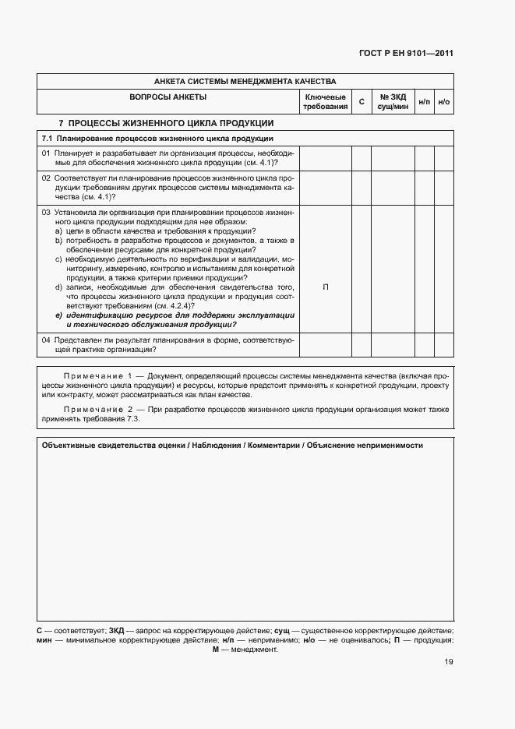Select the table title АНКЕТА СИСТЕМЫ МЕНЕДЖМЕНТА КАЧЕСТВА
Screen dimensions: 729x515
pyautogui.click(x=245, y=81)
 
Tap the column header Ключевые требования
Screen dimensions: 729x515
pyautogui.click(x=325, y=101)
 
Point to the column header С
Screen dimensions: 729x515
pyautogui.click(x=361, y=102)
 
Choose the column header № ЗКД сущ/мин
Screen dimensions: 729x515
pyautogui.click(x=393, y=101)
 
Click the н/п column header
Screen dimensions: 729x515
pyautogui.click(x=424, y=102)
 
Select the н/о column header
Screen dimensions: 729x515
pyautogui.click(x=443, y=102)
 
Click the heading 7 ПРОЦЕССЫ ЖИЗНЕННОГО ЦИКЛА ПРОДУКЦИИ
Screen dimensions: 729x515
pyautogui.click(x=166, y=123)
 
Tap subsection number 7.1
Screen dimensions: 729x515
pyautogui.click(x=47, y=138)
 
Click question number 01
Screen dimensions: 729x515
pyautogui.click(x=46, y=153)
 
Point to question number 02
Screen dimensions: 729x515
pyautogui.click(x=46, y=178)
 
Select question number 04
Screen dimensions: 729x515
pyautogui.click(x=46, y=340)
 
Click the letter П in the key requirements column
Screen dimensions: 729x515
pyautogui.click(x=325, y=287)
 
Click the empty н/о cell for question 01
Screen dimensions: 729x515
pyautogui.click(x=443, y=158)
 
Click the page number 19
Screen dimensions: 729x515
pyautogui.click(x=448, y=662)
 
